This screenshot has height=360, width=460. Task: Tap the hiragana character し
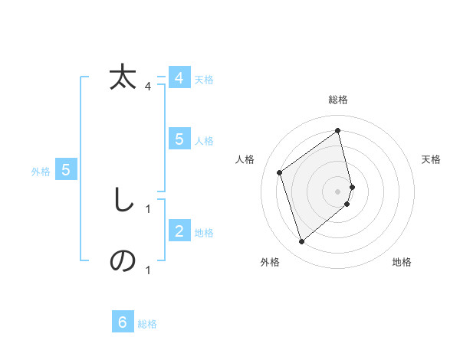(123, 201)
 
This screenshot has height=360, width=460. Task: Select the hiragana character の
(123, 261)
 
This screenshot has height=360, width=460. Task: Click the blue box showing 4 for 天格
(179, 78)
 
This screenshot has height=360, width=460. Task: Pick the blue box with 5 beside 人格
(179, 139)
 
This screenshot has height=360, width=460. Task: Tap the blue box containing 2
(179, 231)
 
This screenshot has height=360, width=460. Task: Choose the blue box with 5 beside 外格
(66, 170)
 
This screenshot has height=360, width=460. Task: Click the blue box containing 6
(123, 322)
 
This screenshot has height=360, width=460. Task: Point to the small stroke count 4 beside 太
(148, 87)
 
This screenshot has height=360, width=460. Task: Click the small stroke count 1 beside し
(148, 208)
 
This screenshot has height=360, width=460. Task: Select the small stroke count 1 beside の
(148, 270)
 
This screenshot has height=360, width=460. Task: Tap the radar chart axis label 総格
(338, 100)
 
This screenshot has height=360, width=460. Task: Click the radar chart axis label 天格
(431, 159)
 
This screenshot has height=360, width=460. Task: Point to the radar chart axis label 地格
(402, 262)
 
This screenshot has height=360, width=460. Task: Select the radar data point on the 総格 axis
(338, 131)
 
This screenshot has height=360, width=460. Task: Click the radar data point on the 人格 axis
(280, 172)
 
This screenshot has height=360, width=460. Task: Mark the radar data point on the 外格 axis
(301, 242)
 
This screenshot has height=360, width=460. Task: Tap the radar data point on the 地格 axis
(347, 204)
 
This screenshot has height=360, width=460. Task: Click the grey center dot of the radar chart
(338, 191)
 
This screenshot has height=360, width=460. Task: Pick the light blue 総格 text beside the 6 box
(147, 324)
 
